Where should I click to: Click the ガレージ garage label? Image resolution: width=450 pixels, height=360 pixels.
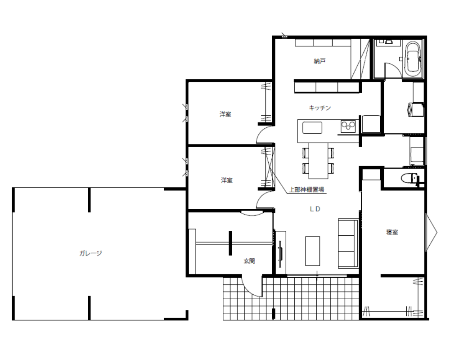tap(90, 253)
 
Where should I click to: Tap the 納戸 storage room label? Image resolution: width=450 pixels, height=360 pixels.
tap(319, 61)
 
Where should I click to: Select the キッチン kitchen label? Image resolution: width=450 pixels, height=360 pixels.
tap(319, 108)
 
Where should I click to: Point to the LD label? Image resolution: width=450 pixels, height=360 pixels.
tap(315, 209)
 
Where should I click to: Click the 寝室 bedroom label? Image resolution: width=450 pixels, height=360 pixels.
tap(392, 232)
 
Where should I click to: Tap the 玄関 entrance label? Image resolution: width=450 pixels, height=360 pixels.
tap(249, 261)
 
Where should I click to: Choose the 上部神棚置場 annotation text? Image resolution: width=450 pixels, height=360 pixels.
tap(306, 189)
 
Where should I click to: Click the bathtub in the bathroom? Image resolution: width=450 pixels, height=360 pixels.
tap(413, 59)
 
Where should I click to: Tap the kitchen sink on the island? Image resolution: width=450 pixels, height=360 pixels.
tap(312, 128)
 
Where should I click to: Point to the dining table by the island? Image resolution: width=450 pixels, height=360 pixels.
tap(318, 161)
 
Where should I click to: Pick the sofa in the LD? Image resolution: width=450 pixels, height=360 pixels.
tap(348, 243)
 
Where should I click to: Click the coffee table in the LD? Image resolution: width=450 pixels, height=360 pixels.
tap(313, 251)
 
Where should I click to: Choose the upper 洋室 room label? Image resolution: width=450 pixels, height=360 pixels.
tap(225, 114)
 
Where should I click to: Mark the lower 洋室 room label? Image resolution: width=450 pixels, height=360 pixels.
tap(227, 180)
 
